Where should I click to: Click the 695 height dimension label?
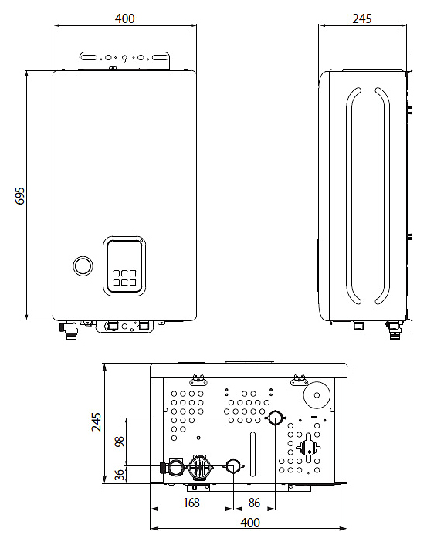coord(20,195)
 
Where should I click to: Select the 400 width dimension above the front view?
coord(124,19)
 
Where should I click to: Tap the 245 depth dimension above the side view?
coord(362,19)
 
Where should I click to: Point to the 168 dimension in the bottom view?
coord(191,503)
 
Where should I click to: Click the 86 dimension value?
coord(254,503)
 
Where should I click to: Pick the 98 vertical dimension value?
coord(119,442)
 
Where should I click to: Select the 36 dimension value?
coord(119,475)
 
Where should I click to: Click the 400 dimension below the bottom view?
coord(250,523)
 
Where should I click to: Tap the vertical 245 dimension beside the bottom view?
coord(97,422)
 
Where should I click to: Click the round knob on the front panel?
coord(83,266)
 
